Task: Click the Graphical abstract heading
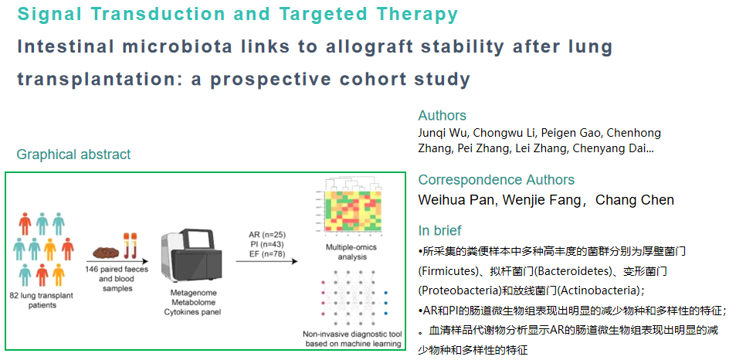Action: pos(73,154)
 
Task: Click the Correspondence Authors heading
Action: pos(496,180)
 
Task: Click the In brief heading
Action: pos(439,230)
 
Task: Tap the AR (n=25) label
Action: pos(267,235)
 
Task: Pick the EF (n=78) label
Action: pos(267,253)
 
